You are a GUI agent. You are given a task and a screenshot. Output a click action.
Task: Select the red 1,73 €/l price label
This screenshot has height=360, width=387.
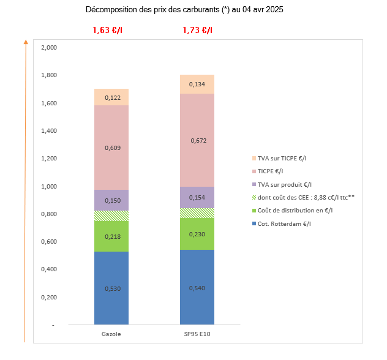click(x=197, y=30)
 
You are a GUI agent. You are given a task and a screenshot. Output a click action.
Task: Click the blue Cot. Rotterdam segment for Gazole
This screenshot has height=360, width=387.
click(x=111, y=288)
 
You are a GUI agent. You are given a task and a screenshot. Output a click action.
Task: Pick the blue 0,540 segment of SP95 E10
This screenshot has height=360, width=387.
click(x=197, y=287)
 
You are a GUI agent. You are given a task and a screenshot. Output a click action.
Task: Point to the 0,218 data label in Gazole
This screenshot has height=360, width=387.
click(x=111, y=236)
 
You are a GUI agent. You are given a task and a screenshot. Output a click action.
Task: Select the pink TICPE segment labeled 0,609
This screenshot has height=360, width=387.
click(x=111, y=148)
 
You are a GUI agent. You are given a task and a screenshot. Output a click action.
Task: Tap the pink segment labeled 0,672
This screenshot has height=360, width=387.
click(x=197, y=140)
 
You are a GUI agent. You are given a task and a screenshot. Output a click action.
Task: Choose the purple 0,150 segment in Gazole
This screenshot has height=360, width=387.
click(x=111, y=200)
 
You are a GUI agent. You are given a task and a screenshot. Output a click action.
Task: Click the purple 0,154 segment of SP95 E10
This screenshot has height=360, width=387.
click(x=197, y=197)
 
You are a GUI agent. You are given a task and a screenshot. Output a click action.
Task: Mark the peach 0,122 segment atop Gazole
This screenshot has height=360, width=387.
click(x=111, y=97)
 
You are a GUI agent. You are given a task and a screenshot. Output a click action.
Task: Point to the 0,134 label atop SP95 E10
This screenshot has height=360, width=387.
click(x=197, y=84)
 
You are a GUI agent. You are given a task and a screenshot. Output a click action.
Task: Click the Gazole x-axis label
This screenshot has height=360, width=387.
click(x=111, y=334)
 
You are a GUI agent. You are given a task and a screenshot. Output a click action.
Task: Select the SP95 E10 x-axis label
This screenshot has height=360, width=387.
click(x=197, y=334)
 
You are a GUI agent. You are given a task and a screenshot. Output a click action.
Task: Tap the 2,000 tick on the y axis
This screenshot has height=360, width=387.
click(x=48, y=48)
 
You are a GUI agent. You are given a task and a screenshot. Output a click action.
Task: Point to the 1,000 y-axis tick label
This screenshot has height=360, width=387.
click(x=48, y=186)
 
